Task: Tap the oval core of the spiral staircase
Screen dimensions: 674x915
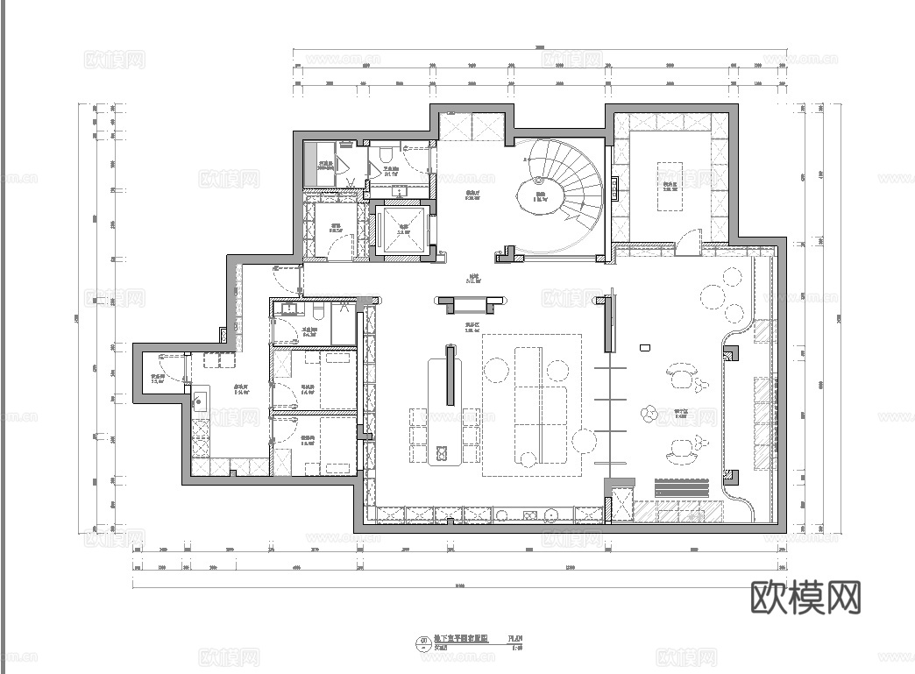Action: [x=540, y=196]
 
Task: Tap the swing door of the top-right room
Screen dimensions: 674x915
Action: [x=691, y=237]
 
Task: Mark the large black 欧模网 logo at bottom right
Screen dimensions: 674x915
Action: [x=806, y=597]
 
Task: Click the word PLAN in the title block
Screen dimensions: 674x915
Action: [x=515, y=639]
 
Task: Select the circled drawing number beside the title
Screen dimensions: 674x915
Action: [x=425, y=643]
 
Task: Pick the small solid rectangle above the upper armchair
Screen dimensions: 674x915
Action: [x=644, y=347]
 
